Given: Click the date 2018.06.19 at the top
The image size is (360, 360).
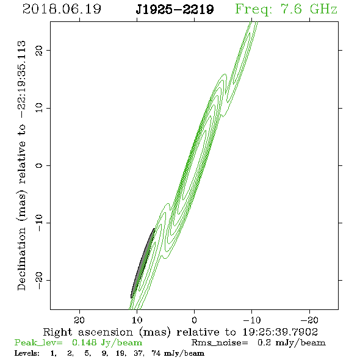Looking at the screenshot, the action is (x=62, y=9).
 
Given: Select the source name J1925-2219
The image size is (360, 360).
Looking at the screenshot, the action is (x=175, y=10).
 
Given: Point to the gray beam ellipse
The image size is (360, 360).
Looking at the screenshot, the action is (x=143, y=263).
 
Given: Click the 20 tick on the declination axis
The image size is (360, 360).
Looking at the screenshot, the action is (x=39, y=50).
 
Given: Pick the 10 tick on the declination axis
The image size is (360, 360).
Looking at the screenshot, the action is (x=39, y=108).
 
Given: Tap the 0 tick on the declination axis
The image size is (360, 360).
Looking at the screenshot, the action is (x=39, y=165).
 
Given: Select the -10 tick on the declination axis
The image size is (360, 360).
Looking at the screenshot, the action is (x=39, y=223).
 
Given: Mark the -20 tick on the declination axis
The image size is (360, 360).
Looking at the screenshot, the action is (x=39, y=280).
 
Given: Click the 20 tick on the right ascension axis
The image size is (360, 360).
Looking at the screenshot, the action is (x=79, y=320).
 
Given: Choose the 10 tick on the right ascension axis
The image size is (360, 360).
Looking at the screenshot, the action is (x=137, y=320).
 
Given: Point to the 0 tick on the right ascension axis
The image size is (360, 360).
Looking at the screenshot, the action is (x=194, y=320).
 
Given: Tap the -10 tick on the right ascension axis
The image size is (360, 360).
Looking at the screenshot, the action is (x=252, y=320).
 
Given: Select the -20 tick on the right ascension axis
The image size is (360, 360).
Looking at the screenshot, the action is (x=309, y=320).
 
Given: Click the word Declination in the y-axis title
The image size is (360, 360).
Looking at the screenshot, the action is (x=21, y=259).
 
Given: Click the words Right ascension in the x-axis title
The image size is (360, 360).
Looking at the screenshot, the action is (x=88, y=332).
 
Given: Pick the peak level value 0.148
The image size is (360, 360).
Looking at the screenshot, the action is (x=84, y=342).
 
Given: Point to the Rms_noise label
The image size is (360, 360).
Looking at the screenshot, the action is (x=220, y=343).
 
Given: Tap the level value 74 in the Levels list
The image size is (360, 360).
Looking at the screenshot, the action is (x=156, y=353).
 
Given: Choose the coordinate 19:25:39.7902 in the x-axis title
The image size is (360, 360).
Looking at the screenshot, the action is (x=280, y=332).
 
